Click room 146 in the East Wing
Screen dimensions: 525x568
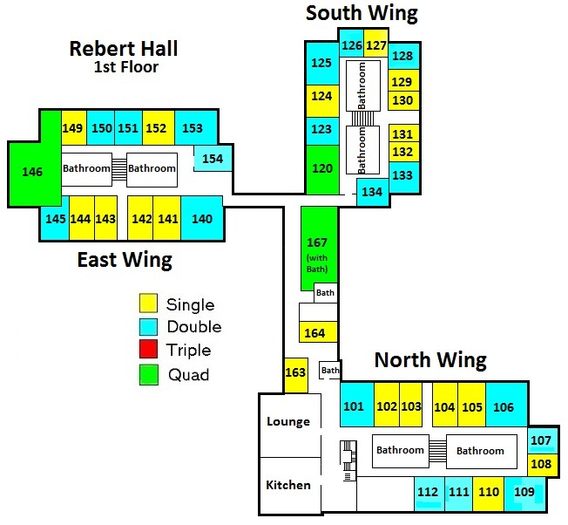(31, 173)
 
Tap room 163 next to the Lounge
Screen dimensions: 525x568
(296, 373)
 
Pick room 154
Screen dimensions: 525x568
(212, 159)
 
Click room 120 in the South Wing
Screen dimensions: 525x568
(322, 168)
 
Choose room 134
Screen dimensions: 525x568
(372, 192)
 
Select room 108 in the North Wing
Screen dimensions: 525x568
(540, 464)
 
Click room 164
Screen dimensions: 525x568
(314, 332)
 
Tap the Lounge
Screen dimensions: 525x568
(288, 422)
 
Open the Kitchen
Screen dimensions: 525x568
(288, 485)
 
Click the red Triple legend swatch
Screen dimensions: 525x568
(149, 351)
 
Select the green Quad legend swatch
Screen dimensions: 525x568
(149, 375)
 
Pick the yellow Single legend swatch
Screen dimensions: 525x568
(149, 303)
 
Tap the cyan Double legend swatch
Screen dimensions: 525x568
(149, 327)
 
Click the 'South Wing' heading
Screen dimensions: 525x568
(362, 13)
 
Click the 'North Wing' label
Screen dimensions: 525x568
(430, 359)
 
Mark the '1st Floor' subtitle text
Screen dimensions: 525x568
(126, 67)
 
